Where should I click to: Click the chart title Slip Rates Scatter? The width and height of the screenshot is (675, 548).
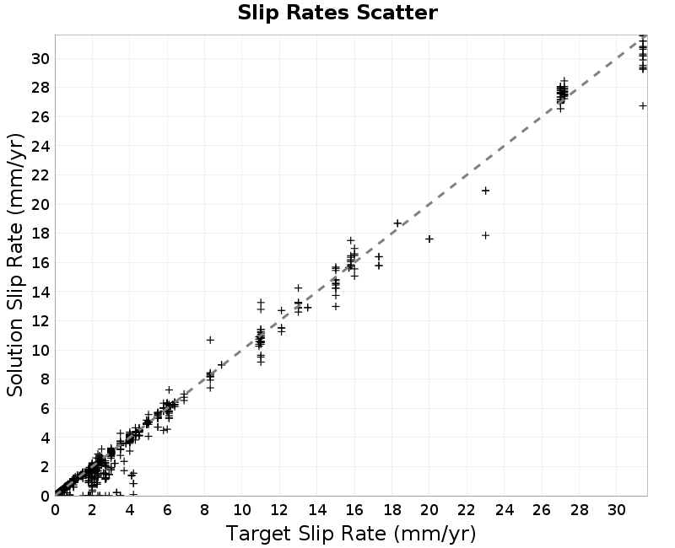(x=337, y=13)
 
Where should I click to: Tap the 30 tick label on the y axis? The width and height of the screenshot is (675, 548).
(x=40, y=58)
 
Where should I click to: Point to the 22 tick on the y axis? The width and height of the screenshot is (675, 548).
(x=40, y=175)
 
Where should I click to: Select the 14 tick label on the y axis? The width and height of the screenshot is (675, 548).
(x=40, y=292)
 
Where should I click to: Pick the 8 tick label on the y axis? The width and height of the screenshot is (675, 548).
(x=45, y=379)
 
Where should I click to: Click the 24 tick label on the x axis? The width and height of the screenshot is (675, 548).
(x=504, y=510)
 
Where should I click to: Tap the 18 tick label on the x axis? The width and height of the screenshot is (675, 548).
(x=391, y=510)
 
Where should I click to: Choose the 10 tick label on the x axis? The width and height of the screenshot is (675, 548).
(x=242, y=510)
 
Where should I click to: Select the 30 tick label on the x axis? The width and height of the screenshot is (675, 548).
(x=617, y=510)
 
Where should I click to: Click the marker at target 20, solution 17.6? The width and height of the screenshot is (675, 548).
(x=429, y=239)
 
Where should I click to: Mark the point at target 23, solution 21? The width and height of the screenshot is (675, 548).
(x=486, y=191)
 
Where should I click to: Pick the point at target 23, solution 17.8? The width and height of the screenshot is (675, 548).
(x=486, y=235)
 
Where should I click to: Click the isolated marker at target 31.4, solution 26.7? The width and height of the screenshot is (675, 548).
(x=643, y=106)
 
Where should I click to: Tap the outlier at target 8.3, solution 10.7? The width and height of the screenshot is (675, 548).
(x=210, y=340)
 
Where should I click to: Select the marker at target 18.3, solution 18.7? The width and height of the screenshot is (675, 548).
(x=397, y=223)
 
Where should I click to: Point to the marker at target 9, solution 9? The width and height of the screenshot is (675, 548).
(x=221, y=365)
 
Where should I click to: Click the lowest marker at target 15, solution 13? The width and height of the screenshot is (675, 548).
(x=336, y=306)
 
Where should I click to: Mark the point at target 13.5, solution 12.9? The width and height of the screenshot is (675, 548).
(x=307, y=308)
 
